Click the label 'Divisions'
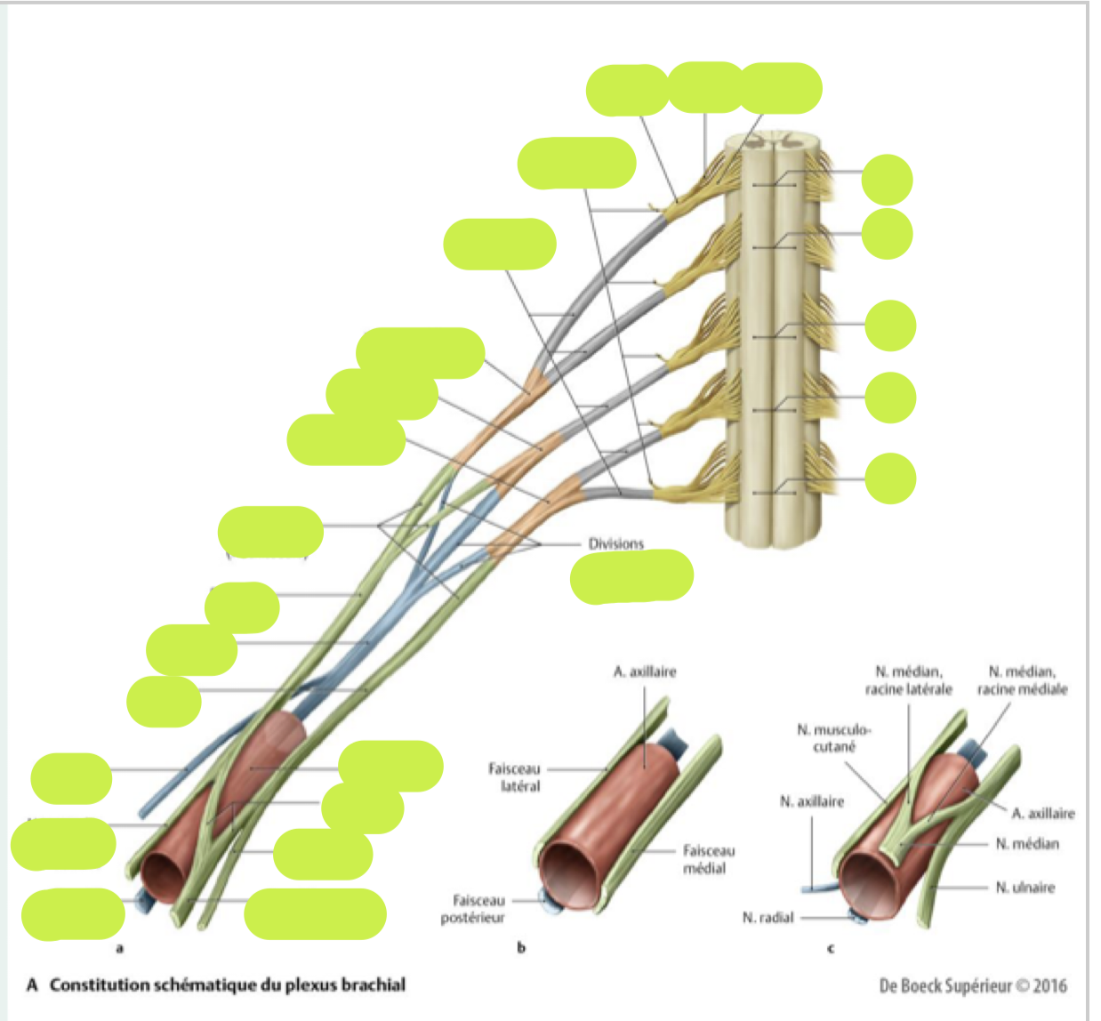click(x=615, y=543)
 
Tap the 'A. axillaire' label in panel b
click(x=644, y=671)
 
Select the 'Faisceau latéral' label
click(x=514, y=776)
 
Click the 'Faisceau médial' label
click(x=708, y=859)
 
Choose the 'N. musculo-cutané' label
click(x=833, y=738)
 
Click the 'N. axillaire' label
click(x=811, y=801)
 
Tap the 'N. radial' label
click(x=767, y=917)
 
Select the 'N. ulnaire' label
click(x=1025, y=887)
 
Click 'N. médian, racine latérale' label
click(x=908, y=680)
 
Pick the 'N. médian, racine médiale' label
click(x=1022, y=680)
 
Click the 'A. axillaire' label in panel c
click(x=1042, y=813)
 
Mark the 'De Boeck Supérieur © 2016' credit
click(x=972, y=985)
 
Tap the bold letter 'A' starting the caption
click(x=32, y=985)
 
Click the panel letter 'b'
click(x=521, y=948)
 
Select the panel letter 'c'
click(x=831, y=948)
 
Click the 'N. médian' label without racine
click(x=1027, y=843)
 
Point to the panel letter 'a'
click(x=120, y=948)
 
